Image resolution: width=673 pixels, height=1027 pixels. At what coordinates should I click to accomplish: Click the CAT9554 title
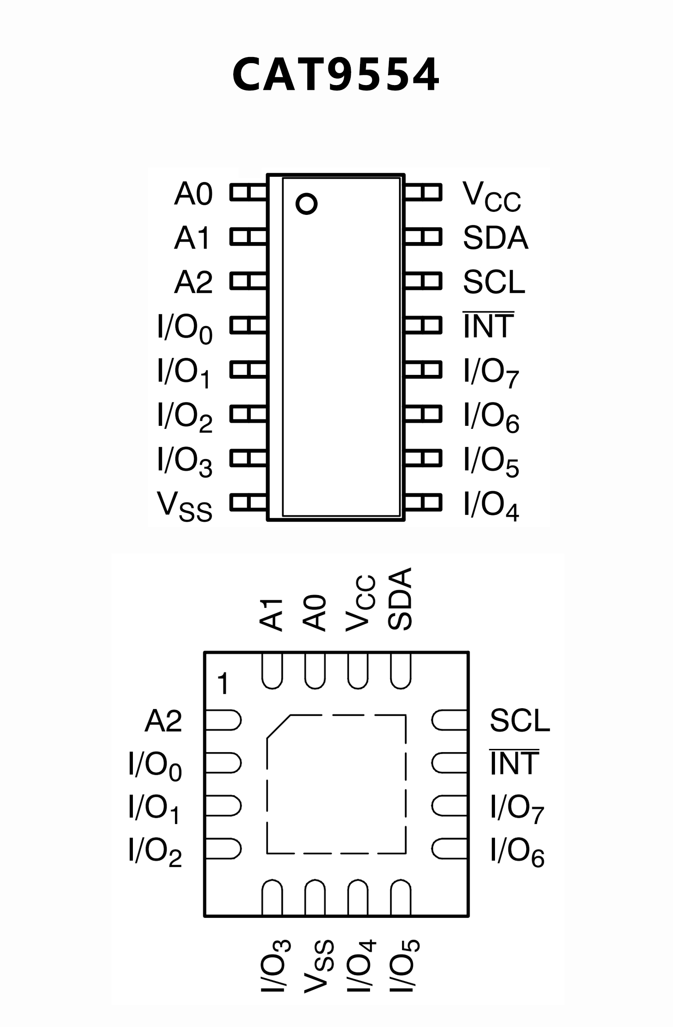pos(335,75)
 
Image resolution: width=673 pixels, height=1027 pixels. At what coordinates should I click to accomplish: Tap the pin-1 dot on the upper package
pos(306,203)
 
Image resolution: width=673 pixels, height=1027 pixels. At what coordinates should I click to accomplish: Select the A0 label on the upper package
pos(193,193)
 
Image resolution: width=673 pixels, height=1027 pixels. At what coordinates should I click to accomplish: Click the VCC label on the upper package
pos(491,196)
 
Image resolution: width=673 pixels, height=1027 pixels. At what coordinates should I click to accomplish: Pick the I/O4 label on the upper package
pos(491,506)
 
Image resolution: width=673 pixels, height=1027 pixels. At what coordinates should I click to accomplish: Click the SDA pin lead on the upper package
pos(423,237)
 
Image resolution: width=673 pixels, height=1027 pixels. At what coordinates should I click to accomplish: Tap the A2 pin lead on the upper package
pos(248,281)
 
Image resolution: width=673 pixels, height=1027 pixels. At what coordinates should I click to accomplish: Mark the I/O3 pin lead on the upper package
pos(248,458)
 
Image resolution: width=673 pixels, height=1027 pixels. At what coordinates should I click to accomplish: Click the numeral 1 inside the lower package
pos(223,684)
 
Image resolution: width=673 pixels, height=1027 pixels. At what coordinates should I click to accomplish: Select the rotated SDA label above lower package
pos(400,599)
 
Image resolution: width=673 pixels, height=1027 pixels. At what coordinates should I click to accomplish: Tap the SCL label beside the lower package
pos(520,720)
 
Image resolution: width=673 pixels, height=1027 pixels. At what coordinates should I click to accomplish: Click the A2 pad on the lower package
pos(223,720)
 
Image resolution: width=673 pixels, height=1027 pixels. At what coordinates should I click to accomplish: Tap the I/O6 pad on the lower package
pos(449,849)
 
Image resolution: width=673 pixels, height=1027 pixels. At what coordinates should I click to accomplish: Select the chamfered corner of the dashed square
pos(278,727)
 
